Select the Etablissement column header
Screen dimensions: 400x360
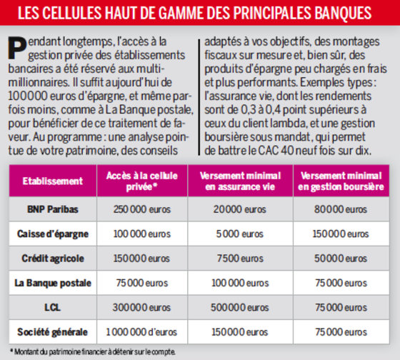tap(53, 181)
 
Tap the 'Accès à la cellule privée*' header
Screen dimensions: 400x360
tap(142, 181)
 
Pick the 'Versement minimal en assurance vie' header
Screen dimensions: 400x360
tap(240, 181)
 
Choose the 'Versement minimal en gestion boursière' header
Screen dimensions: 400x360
tap(341, 181)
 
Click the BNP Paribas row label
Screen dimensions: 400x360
tap(53, 209)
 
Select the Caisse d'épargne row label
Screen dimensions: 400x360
tap(53, 234)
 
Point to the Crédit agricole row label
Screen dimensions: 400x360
tap(53, 259)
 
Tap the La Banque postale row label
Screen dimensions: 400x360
tap(53, 283)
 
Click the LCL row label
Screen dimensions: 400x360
tap(53, 307)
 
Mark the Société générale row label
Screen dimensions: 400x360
tap(53, 332)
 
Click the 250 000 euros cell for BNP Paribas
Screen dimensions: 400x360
tap(142, 209)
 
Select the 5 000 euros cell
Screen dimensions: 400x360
tap(240, 234)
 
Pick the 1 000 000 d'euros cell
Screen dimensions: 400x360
tap(141, 332)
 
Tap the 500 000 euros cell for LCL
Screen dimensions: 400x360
tap(240, 307)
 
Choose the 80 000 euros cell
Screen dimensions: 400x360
tap(341, 209)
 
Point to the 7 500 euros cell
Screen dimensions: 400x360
tap(240, 259)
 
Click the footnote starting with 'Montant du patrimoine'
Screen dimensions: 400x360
tap(93, 352)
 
